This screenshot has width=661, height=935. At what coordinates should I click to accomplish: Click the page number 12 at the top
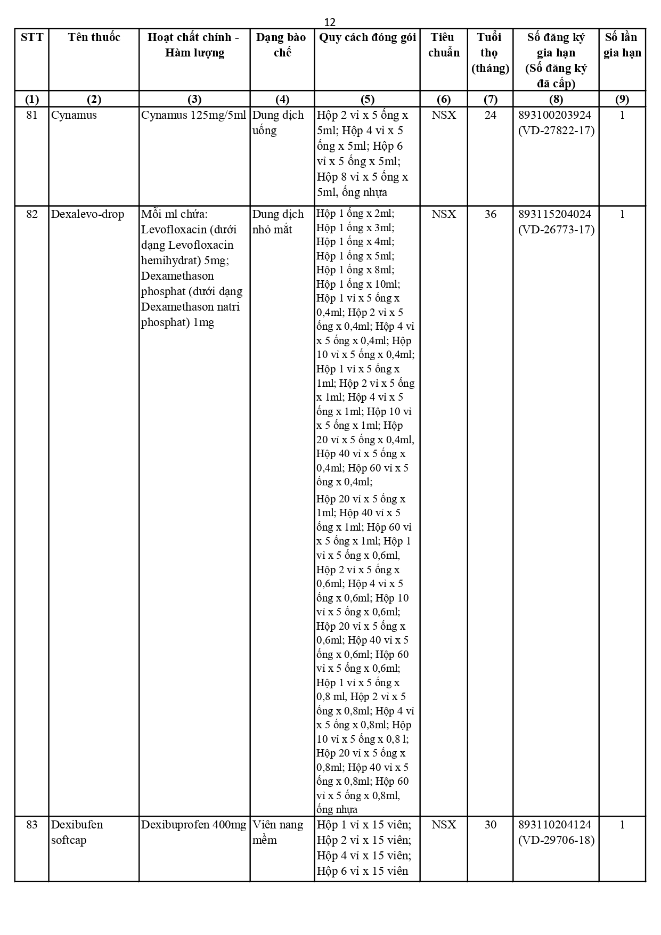[330, 22]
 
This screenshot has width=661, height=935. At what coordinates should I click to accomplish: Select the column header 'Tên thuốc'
[94, 37]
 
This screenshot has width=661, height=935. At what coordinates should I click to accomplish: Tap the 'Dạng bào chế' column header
[282, 45]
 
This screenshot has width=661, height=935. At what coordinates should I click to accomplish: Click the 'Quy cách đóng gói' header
[367, 37]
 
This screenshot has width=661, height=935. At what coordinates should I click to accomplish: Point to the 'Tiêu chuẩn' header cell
[444, 45]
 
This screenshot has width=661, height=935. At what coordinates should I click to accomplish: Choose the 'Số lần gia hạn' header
[622, 45]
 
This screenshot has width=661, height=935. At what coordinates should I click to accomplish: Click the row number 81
[32, 115]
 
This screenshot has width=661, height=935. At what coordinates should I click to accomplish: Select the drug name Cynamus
[74, 115]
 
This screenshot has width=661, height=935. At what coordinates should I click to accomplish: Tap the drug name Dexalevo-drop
[87, 214]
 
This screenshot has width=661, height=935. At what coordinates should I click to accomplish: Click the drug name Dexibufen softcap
[77, 832]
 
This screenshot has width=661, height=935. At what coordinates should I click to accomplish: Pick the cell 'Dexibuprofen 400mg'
[194, 825]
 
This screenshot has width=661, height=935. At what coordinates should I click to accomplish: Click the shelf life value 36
[490, 214]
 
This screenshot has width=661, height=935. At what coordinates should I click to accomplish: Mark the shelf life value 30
[490, 825]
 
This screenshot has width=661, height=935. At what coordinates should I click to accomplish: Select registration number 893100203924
[554, 115]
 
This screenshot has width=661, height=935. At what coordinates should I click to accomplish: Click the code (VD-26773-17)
[556, 230]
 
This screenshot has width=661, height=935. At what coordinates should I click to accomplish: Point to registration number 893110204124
[554, 825]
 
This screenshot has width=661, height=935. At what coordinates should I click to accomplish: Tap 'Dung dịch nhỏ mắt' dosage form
[278, 222]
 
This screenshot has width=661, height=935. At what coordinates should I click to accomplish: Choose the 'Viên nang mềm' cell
[278, 832]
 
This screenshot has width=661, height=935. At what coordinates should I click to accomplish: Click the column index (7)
[490, 99]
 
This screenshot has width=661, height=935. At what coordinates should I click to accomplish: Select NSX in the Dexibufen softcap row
[444, 825]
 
